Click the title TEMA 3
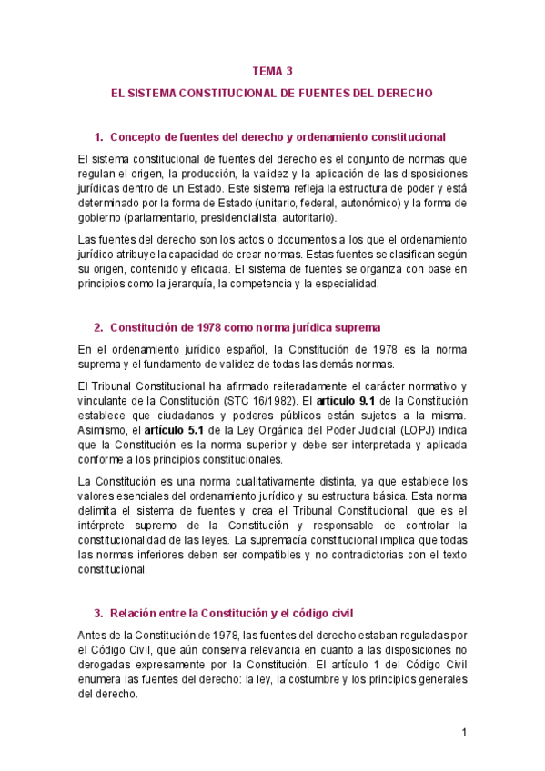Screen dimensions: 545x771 (272, 69)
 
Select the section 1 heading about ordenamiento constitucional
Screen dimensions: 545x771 (277, 137)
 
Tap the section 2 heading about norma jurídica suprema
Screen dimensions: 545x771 (245, 327)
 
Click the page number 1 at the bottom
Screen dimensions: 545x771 (463, 732)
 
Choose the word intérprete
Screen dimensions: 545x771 (105, 526)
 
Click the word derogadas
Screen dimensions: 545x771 (110, 665)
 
